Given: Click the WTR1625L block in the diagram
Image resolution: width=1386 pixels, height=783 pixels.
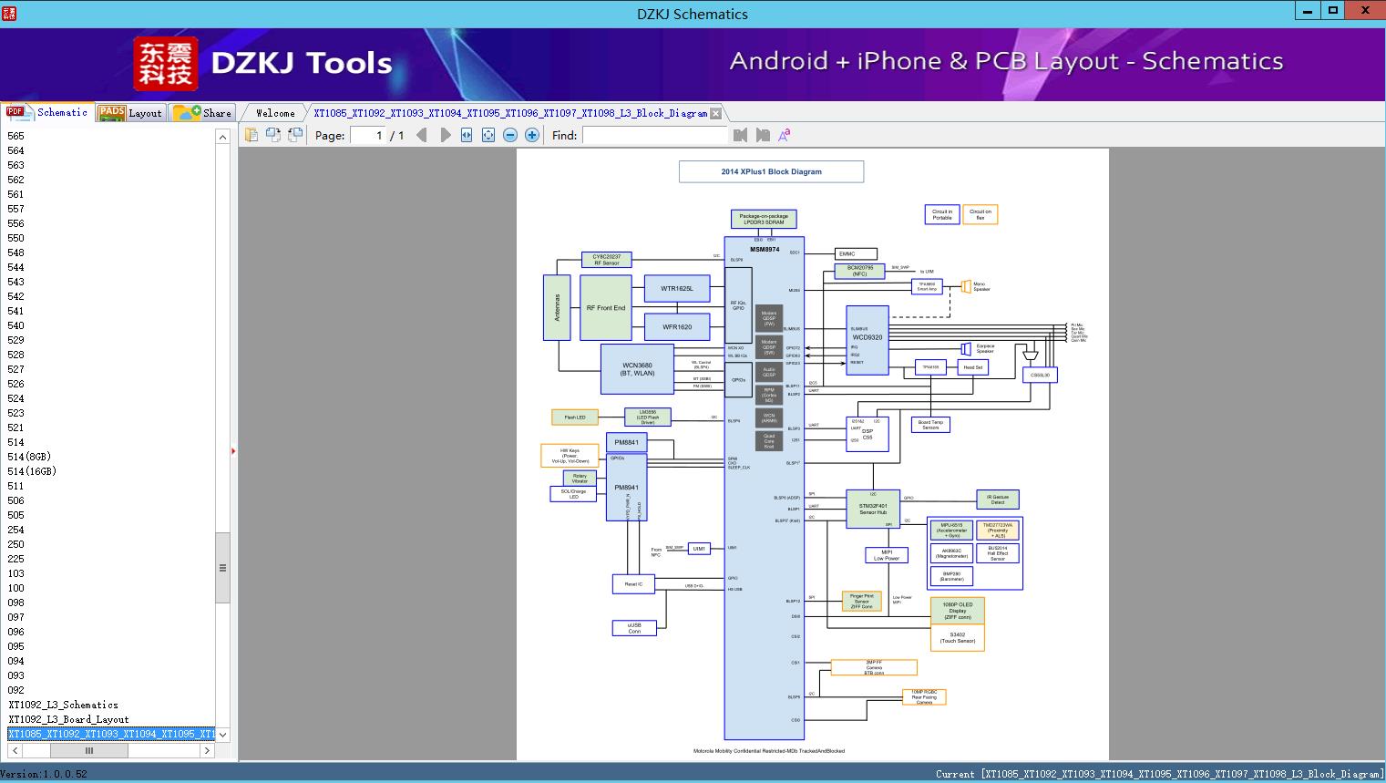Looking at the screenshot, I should (x=677, y=289).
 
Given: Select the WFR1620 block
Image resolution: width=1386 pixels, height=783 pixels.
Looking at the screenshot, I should (x=677, y=327).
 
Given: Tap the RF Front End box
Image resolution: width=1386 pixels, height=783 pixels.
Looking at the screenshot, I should (x=606, y=308).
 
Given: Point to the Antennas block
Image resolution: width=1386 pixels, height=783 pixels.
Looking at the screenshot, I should (x=557, y=308).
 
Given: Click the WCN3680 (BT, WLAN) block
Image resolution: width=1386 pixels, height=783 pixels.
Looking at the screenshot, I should (x=637, y=369).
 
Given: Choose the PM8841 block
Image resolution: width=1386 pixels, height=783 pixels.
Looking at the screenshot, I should (x=626, y=442).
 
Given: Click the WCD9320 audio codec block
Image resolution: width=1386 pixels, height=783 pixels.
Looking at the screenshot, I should (x=868, y=339).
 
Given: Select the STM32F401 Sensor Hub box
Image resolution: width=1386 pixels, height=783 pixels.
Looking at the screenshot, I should (x=873, y=509).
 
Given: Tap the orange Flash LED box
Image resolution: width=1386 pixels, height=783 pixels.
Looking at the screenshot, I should (x=575, y=417).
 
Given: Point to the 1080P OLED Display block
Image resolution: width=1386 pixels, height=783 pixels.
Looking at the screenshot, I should (x=958, y=611).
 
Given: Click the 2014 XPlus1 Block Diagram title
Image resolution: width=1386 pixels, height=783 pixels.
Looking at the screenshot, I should (x=771, y=171).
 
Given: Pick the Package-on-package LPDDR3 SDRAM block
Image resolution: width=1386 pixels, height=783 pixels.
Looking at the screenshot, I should (x=764, y=219).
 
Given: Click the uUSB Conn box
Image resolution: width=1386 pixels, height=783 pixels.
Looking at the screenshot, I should (x=634, y=628).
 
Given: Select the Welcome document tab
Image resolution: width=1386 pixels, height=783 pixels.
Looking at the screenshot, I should (x=275, y=113).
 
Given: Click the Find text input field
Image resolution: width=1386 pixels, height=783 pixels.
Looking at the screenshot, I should (x=655, y=135).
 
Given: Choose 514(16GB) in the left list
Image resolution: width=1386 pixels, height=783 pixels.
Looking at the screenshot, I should (x=32, y=471).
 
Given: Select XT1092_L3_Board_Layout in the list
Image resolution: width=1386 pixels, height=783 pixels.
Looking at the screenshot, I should (x=69, y=719).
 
